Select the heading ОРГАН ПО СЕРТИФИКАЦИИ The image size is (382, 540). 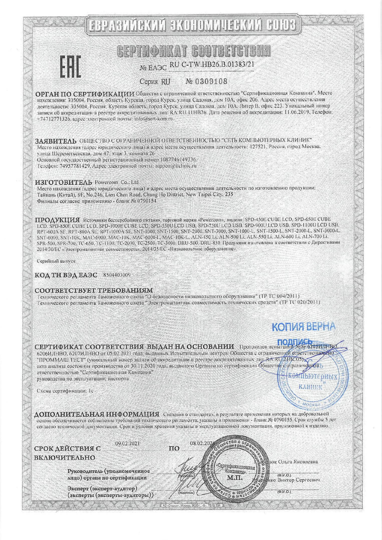click(x=85, y=94)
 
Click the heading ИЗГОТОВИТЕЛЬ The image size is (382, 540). click(x=64, y=182)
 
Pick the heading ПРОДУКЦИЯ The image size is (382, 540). click(x=57, y=220)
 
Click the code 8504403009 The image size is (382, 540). click(x=117, y=275)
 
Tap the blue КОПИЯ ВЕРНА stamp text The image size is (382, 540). click(x=303, y=326)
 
